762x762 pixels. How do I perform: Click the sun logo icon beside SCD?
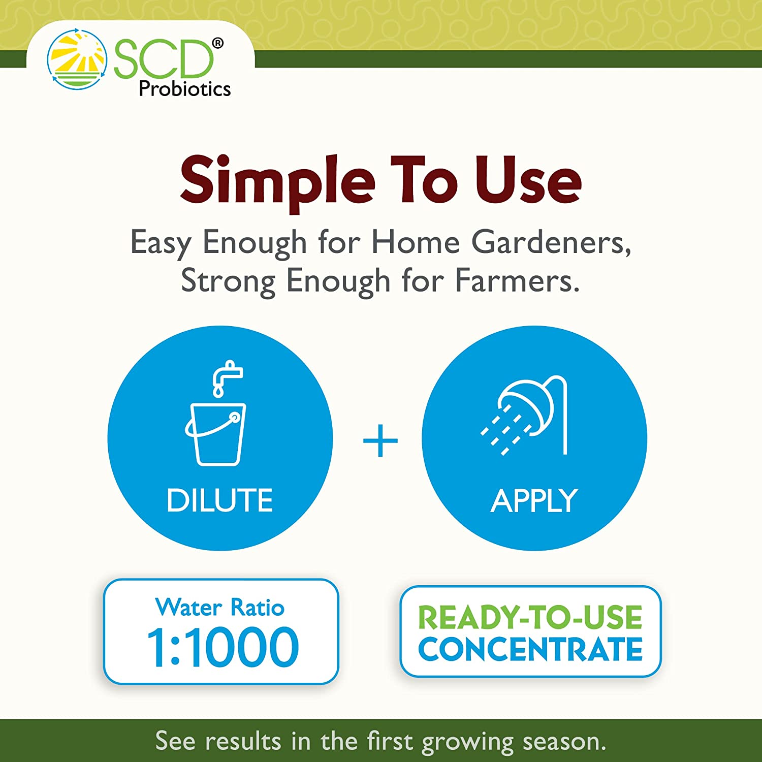click(77, 60)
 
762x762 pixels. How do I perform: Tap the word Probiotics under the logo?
click(184, 89)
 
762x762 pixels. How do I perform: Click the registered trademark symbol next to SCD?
click(217, 44)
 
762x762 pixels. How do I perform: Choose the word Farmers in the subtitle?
click(517, 281)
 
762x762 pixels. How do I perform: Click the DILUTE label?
click(219, 500)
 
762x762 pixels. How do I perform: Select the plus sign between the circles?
click(380, 440)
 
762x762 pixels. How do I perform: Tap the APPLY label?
click(534, 501)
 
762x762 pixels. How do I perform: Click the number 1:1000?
click(223, 647)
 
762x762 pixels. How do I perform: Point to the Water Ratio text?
click(220, 607)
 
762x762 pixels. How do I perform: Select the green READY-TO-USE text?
click(530, 617)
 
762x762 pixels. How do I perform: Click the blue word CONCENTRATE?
click(530, 649)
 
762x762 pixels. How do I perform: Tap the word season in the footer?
click(564, 741)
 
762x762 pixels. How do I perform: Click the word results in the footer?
click(243, 741)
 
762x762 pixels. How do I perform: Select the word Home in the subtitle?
click(416, 242)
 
